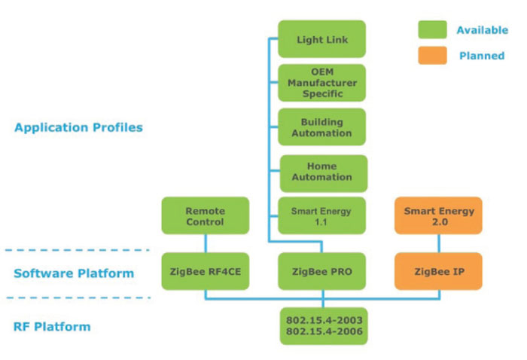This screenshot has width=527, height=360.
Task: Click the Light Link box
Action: [322, 39]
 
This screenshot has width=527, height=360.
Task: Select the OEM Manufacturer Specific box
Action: [322, 83]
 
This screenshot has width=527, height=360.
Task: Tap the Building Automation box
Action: [322, 127]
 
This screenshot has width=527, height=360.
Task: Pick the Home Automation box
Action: [322, 172]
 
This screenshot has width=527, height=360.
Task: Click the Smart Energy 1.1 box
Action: [322, 216]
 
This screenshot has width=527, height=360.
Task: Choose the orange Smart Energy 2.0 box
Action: [439, 216]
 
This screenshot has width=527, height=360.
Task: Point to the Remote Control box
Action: [205, 216]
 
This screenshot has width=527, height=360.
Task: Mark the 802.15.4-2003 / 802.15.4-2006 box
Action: [322, 325]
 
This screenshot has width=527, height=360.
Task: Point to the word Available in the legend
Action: [482, 30]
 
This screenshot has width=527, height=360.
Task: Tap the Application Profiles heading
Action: [78, 127]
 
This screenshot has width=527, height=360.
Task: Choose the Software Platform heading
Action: [74, 273]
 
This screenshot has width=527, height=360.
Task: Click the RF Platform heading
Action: [52, 327]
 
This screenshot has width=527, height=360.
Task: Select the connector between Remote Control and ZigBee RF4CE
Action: [205, 243]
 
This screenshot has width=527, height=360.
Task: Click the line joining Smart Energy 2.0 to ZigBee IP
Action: [439, 243]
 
